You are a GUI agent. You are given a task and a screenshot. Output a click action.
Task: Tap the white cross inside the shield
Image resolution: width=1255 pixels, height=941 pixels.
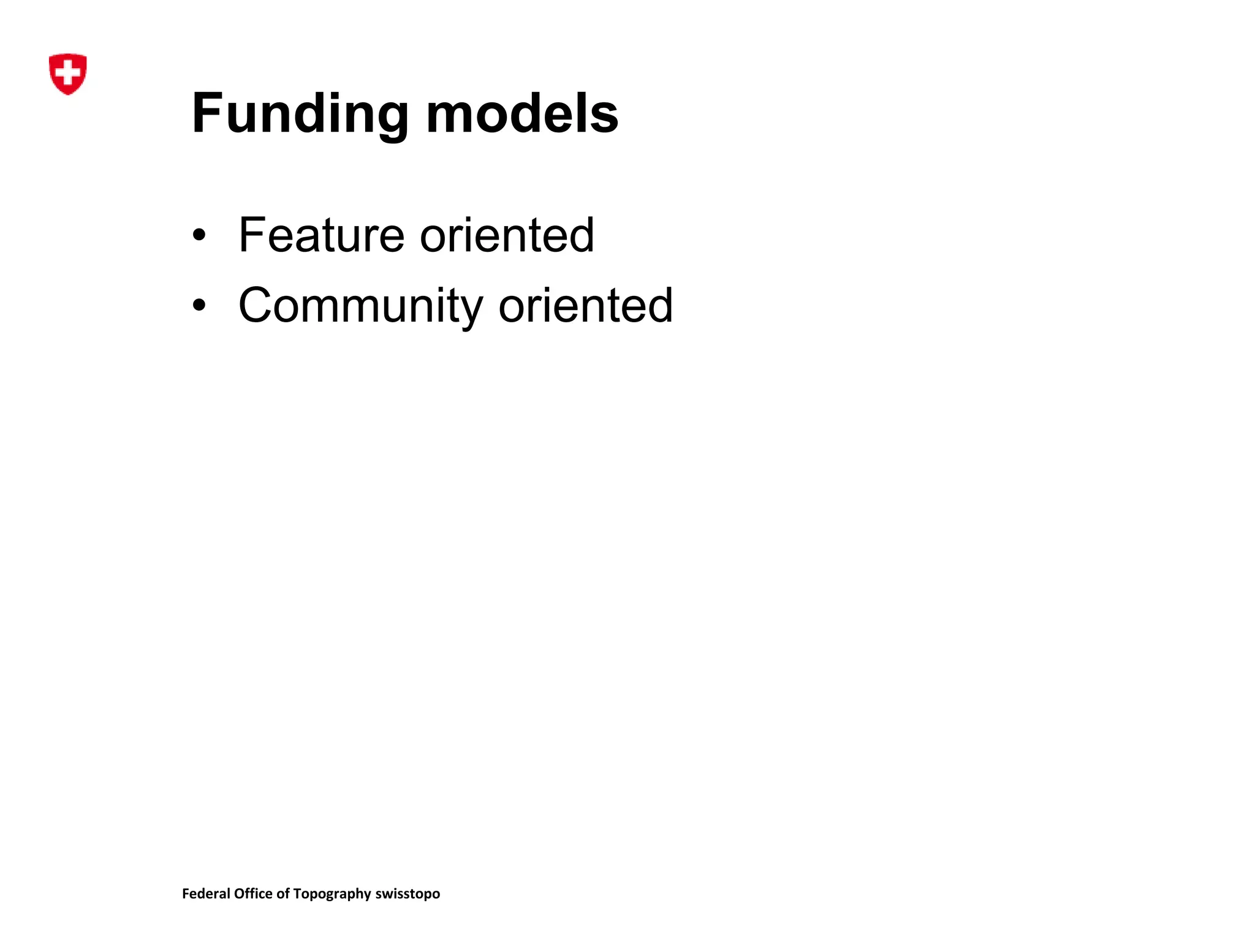pyautogui.click(x=67, y=72)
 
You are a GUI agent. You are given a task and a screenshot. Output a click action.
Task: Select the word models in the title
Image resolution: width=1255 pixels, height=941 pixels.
pyautogui.click(x=522, y=114)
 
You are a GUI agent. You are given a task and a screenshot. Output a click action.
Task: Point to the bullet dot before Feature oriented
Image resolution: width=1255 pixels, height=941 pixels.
pyautogui.click(x=199, y=235)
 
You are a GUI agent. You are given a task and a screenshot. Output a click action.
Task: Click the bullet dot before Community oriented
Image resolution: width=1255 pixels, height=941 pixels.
pyautogui.click(x=199, y=304)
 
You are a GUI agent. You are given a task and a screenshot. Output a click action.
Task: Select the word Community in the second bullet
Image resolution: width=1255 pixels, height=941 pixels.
pyautogui.click(x=361, y=306)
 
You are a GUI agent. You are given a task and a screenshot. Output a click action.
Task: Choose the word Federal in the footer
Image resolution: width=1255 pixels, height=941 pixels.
pyautogui.click(x=206, y=893)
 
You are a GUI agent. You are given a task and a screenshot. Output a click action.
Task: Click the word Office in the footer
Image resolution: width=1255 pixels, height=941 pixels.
pyautogui.click(x=253, y=893)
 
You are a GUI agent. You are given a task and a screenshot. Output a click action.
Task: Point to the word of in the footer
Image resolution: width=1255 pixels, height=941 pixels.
pyautogui.click(x=282, y=893)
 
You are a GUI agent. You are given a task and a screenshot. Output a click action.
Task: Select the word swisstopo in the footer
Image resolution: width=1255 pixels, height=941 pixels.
pyautogui.click(x=408, y=894)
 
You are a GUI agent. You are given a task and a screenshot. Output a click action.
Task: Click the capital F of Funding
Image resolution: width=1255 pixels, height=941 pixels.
pyautogui.click(x=207, y=113)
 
